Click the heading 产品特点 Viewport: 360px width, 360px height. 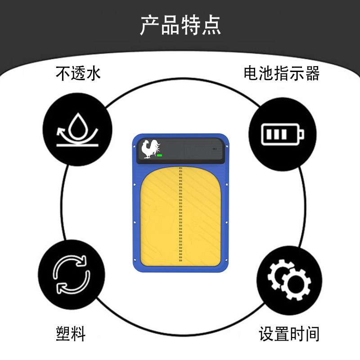[180, 26]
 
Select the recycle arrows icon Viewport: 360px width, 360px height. [71, 274]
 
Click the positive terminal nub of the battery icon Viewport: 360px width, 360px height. [301, 134]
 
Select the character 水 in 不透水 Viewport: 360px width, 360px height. [93, 73]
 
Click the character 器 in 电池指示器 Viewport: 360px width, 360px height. [312, 73]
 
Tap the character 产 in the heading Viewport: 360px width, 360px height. [149, 26]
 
